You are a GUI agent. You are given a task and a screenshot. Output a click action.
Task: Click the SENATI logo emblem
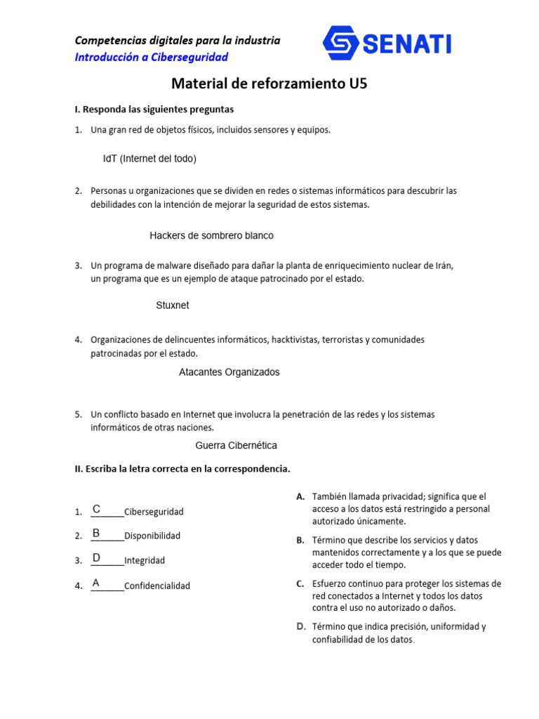(341, 44)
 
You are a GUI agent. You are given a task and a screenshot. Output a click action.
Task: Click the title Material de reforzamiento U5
(269, 84)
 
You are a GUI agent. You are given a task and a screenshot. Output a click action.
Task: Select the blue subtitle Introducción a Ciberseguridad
(152, 57)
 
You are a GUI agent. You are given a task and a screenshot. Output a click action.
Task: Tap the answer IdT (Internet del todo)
(149, 159)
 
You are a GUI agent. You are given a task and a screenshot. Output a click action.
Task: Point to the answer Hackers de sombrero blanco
(211, 235)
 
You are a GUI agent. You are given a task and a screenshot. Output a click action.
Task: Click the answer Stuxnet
(172, 305)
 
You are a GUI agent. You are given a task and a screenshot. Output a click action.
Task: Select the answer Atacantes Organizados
(229, 372)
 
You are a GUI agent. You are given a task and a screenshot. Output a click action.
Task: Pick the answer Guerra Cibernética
(236, 445)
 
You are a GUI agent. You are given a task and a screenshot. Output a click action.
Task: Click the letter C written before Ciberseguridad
(97, 508)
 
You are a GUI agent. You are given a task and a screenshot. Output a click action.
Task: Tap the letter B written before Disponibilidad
(96, 533)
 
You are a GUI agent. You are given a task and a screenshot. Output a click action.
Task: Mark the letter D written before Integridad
(97, 558)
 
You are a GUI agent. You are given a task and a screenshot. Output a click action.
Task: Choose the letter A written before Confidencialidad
(96, 583)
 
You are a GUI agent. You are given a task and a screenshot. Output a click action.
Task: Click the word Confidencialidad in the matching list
(157, 586)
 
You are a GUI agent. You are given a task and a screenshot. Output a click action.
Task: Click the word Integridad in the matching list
(145, 560)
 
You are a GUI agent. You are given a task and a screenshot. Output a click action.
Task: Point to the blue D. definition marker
(300, 626)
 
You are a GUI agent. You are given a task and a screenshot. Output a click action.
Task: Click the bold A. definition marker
(300, 496)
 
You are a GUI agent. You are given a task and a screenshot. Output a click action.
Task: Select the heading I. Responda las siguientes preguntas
(154, 110)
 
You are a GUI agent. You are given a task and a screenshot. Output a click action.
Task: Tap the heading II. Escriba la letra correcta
(182, 468)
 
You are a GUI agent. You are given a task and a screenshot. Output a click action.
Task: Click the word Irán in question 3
(444, 265)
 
